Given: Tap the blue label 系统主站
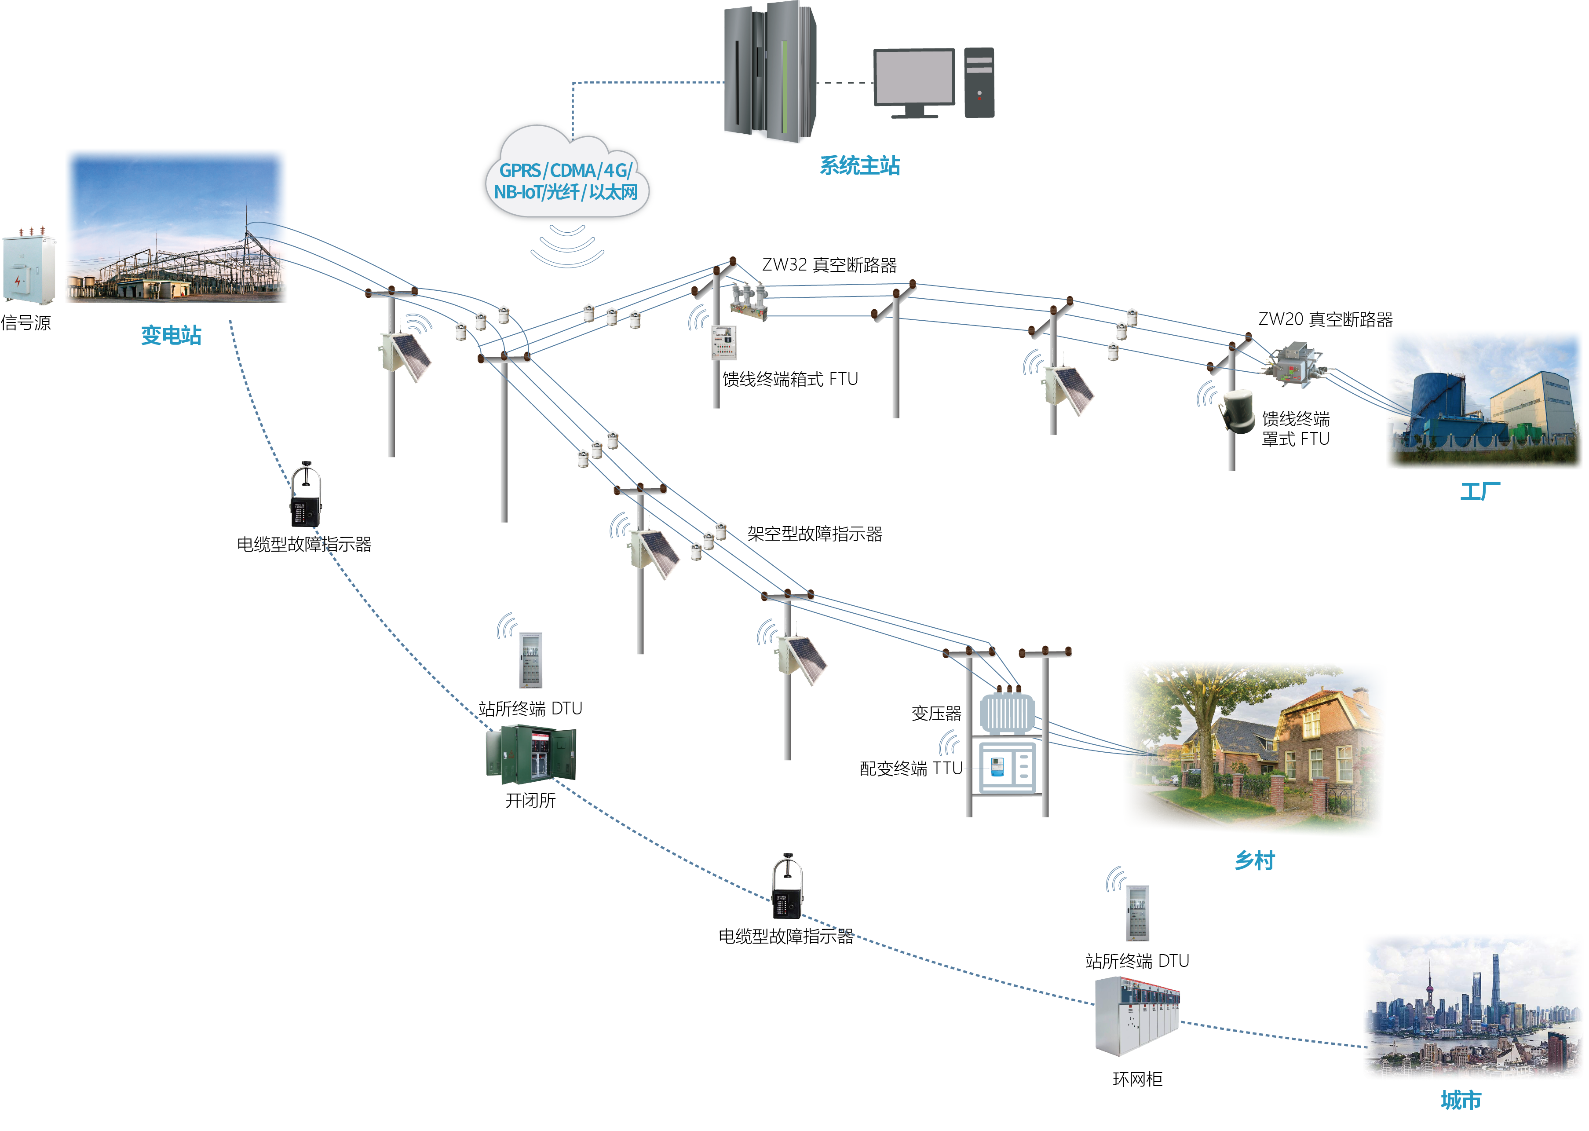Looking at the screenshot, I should [x=859, y=166].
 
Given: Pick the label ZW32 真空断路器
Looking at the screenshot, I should [x=829, y=265].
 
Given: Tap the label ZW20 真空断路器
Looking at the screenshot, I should [x=1325, y=320].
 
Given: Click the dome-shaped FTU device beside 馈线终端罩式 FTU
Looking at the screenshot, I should [x=1237, y=411].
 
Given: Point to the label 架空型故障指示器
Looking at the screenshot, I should [x=814, y=534].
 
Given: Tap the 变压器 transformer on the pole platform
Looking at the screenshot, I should [x=1006, y=713].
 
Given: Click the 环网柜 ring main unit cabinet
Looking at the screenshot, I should [x=1136, y=1016].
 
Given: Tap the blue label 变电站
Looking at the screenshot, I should [x=171, y=336].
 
